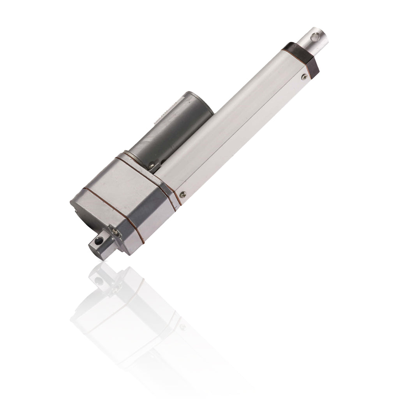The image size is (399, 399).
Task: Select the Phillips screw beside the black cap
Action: click(x=304, y=77)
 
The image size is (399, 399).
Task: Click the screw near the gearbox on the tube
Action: click(x=182, y=194)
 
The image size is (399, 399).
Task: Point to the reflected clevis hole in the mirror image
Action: click(x=99, y=281)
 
